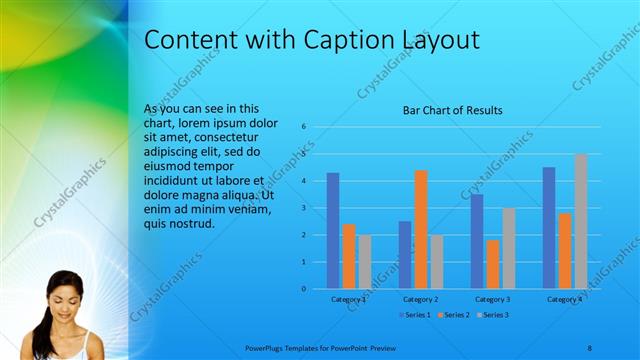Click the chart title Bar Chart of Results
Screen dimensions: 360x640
(x=452, y=110)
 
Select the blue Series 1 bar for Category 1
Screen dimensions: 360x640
(x=333, y=231)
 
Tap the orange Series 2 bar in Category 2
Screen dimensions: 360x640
(x=421, y=229)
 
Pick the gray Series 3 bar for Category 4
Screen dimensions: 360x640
(x=581, y=221)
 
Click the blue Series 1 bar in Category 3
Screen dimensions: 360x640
(x=477, y=241)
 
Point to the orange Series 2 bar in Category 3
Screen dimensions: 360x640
(x=493, y=264)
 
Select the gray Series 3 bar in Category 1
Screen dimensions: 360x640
(x=364, y=262)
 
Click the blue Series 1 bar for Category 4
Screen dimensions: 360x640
(x=549, y=228)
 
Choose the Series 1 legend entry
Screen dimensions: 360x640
(x=415, y=315)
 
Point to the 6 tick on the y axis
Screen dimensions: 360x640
(x=304, y=127)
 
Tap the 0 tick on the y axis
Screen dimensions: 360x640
(x=304, y=289)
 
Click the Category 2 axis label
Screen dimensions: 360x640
(x=421, y=299)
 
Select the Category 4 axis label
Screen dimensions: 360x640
(x=565, y=299)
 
